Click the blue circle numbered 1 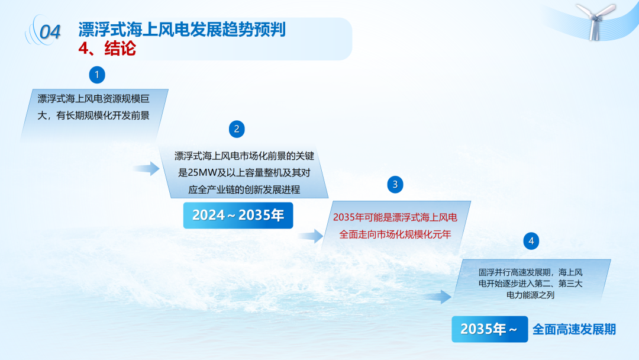pos(97,75)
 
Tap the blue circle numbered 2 pos(237,129)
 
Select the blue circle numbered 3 pos(395,184)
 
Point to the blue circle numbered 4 pos(531,241)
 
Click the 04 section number pos(50,32)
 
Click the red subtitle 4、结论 pos(107,49)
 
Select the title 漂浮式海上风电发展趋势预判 pos(182,30)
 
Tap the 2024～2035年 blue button pos(238,216)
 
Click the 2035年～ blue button pos(489,329)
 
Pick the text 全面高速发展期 pos(574,329)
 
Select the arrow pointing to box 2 pos(146,168)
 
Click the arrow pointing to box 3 pos(311,236)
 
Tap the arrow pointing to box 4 pos(438,297)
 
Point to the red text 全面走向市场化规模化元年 pos(395,234)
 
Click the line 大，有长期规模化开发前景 pos(93,116)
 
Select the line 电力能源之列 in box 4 pos(530,295)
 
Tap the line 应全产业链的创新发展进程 pos(244,189)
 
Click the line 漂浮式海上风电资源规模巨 pos(93,99)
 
